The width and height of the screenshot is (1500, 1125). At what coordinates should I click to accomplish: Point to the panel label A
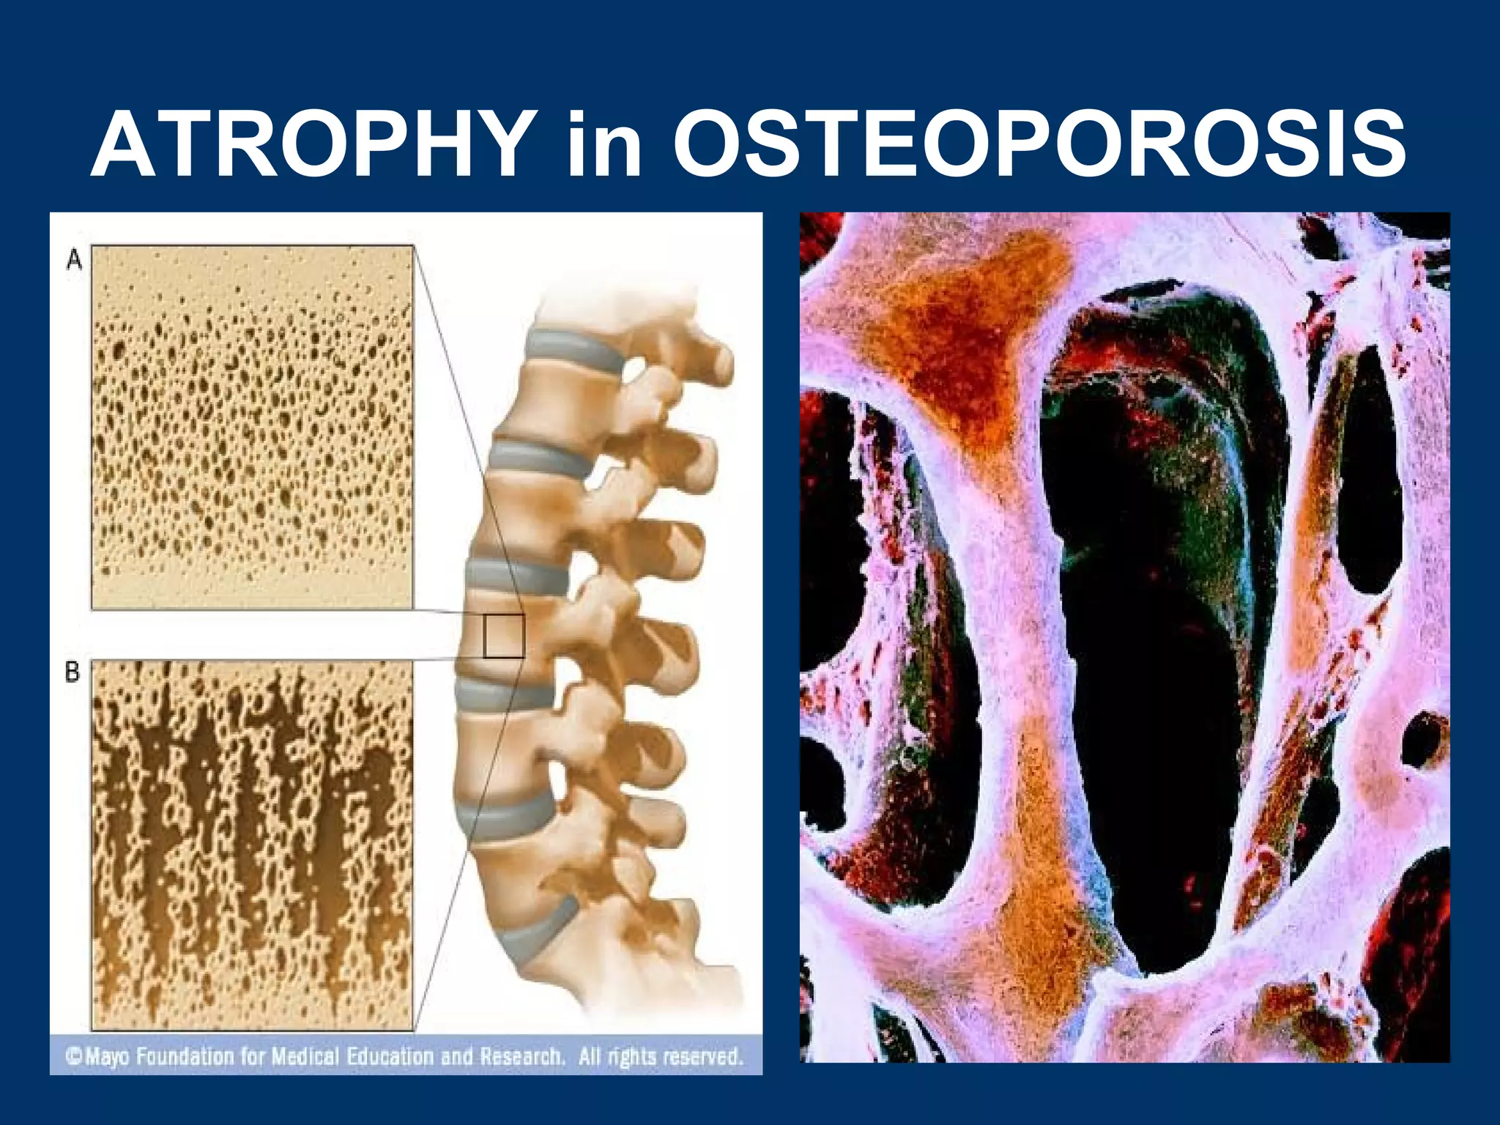tap(74, 259)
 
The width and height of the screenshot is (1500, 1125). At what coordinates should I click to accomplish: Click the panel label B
tap(73, 672)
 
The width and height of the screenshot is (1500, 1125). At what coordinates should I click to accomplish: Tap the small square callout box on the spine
tap(504, 636)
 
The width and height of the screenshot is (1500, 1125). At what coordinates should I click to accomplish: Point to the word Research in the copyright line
tap(522, 1056)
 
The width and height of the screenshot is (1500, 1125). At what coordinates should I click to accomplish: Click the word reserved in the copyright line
tap(703, 1056)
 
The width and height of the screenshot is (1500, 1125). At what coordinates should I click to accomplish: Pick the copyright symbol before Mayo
tap(73, 1056)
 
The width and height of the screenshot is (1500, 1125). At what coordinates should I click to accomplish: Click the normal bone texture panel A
tap(252, 426)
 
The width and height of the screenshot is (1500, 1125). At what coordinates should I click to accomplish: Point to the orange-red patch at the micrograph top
tap(974, 330)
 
